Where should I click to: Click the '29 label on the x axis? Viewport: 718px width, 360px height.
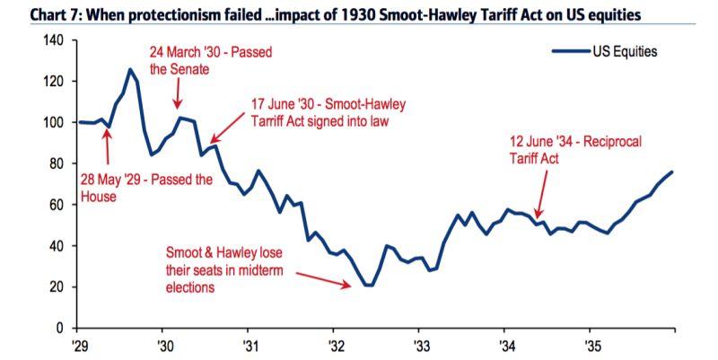(x=79, y=344)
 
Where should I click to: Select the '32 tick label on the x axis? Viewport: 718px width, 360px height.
(x=334, y=344)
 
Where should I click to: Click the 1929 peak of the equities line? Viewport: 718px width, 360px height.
(x=130, y=69)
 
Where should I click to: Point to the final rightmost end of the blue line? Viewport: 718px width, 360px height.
(x=671, y=171)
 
